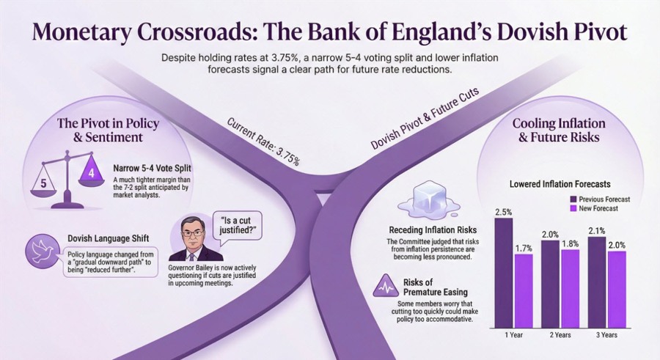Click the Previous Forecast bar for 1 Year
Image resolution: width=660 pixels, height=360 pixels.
pos(503,273)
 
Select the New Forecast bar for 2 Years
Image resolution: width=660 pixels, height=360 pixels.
pos(570,289)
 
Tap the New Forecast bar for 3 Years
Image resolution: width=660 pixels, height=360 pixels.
pos(617,290)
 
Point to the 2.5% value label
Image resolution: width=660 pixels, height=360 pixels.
pos(503,212)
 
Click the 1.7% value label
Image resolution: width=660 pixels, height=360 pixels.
pos(524,249)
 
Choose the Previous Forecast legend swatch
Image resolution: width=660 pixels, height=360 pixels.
pos(573,199)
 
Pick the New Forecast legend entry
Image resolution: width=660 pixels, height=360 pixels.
pos(594,208)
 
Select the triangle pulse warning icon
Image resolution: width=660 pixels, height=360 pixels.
pos(386,286)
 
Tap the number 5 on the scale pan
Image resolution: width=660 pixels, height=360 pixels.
pos(43,183)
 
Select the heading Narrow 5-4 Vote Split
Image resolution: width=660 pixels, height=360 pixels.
pos(152,169)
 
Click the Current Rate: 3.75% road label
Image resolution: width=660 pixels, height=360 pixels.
pos(263,141)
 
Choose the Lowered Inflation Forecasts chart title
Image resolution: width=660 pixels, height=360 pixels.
pos(560,184)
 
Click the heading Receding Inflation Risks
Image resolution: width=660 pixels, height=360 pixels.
pos(433,230)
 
